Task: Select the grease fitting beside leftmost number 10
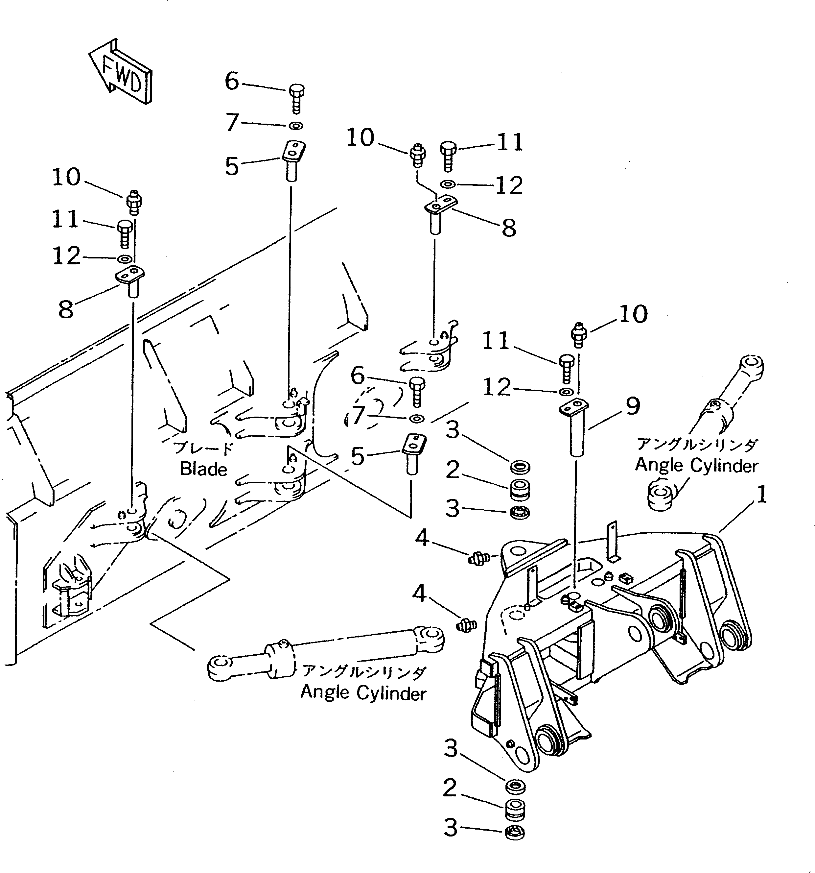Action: pyautogui.click(x=134, y=203)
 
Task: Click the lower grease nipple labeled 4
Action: pyautogui.click(x=467, y=624)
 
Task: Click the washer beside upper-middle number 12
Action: pyautogui.click(x=447, y=184)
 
